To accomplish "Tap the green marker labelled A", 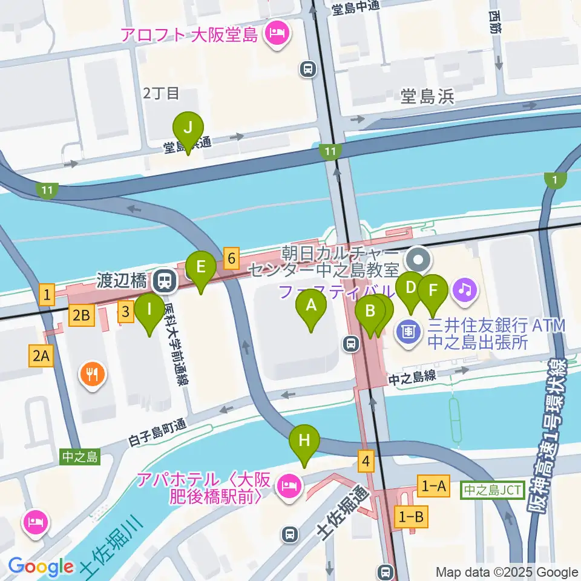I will (311, 306).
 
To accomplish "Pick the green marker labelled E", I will (200, 267).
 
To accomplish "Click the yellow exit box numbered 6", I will (230, 258).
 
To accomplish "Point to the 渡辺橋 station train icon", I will (163, 280).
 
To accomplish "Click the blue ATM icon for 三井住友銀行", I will (409, 332).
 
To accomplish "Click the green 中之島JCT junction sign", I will (493, 490).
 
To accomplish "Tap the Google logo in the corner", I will (41, 566).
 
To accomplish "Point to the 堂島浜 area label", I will (427, 96).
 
